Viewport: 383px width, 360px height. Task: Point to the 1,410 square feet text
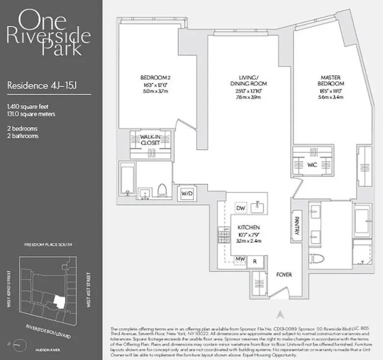28,107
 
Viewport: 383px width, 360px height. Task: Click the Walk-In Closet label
150,140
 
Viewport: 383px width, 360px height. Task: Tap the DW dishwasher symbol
241,208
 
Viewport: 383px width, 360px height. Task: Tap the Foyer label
284,274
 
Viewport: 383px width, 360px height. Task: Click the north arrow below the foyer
280,315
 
